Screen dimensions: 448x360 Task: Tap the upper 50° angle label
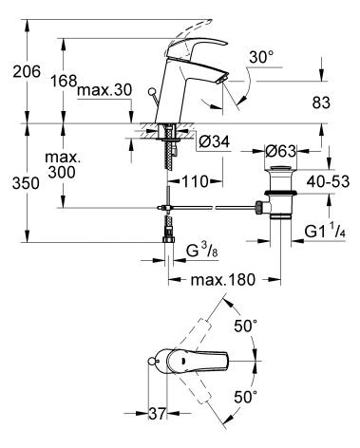246,326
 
